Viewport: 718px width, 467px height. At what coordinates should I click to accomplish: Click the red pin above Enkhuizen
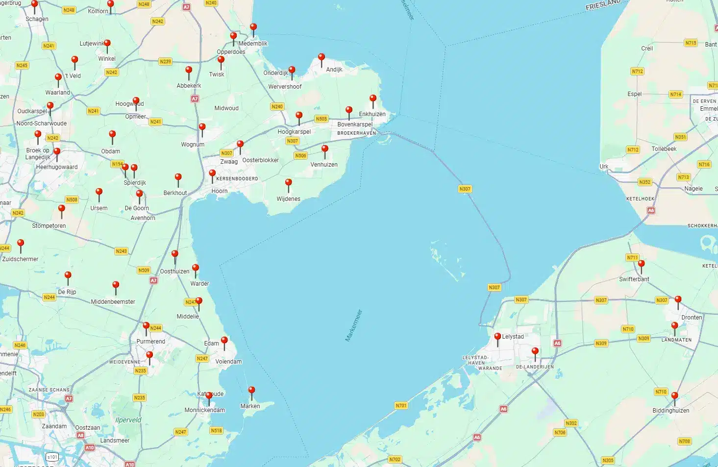tap(373, 99)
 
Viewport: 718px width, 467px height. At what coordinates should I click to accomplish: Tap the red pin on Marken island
tap(251, 391)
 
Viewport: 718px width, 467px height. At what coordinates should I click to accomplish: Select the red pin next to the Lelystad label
tap(497, 338)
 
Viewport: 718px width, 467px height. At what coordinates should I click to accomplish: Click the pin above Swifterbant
tap(641, 265)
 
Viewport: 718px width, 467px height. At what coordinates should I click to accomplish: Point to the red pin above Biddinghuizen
tap(674, 396)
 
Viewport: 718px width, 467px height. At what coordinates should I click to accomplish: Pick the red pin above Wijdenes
tap(289, 184)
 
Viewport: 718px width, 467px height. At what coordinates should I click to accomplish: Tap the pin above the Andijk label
tap(322, 58)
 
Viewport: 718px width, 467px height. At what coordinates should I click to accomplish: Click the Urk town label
tap(604, 167)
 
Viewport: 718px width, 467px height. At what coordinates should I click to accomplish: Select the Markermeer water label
tap(353, 325)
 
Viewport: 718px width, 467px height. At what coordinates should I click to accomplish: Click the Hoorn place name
tap(219, 191)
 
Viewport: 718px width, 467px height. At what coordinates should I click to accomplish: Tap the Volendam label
tap(228, 362)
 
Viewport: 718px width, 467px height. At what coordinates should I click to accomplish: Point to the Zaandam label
tap(54, 426)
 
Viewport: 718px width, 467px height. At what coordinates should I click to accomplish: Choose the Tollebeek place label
tap(664, 149)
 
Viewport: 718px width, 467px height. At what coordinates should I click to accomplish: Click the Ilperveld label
tap(128, 420)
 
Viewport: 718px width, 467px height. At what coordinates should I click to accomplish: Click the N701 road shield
tap(401, 406)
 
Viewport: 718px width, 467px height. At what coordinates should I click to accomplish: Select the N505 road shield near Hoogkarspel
tap(321, 119)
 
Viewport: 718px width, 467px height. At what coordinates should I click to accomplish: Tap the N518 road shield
tap(216, 431)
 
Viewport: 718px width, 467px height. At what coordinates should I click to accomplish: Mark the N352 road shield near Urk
tap(644, 182)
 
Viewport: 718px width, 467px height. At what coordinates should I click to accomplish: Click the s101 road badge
tap(52, 457)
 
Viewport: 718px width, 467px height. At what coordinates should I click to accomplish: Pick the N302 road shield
tap(571, 423)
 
